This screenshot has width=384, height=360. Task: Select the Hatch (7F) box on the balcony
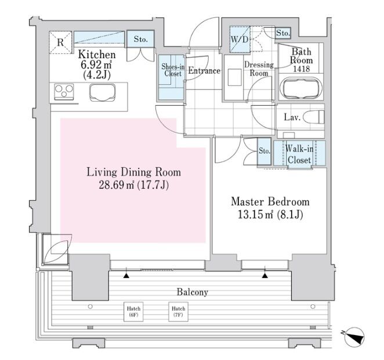[178, 312]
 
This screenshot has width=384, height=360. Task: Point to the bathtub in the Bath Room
[299, 91]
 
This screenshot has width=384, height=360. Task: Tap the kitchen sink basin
[102, 93]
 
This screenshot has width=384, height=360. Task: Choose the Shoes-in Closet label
[173, 70]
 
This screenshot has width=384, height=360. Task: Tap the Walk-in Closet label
[299, 154]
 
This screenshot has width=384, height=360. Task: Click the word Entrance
[204, 71]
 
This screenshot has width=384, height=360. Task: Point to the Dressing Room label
[259, 69]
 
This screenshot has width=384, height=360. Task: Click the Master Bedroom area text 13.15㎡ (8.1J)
[270, 214]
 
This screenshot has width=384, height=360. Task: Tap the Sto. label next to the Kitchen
[140, 39]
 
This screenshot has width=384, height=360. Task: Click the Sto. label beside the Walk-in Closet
[265, 151]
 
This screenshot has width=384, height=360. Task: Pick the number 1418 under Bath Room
[302, 69]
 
